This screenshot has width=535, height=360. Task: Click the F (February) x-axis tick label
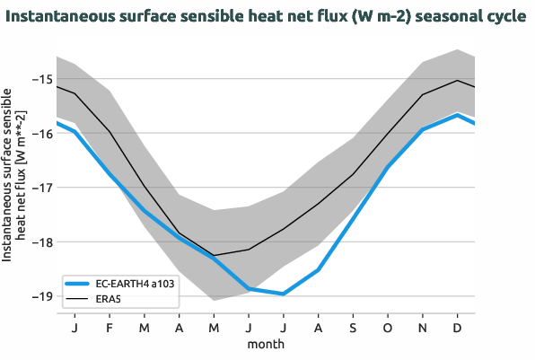pos(109,327)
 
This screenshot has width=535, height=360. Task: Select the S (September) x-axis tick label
pos(353,327)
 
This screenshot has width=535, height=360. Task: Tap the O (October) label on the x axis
pos(388,327)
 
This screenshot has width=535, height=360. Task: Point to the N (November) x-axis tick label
pos(423,327)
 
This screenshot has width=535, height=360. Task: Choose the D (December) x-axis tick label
pos(458,327)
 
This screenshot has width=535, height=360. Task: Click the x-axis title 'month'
pos(266,344)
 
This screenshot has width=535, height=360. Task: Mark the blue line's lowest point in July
pos(284,294)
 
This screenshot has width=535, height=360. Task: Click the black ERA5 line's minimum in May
pos(214,255)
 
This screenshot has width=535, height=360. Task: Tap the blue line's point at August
pos(319,269)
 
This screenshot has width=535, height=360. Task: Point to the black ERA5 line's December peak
pos(458,80)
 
